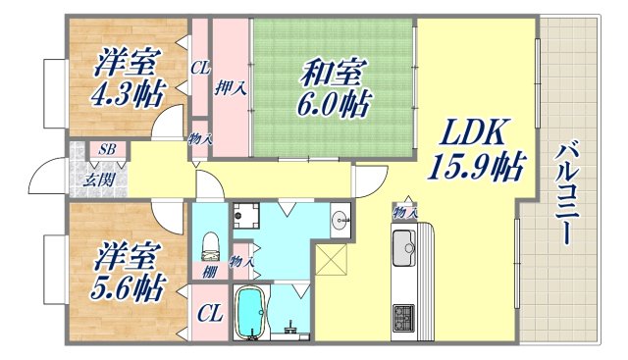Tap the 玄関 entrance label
pyautogui.click(x=96, y=180)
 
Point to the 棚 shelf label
pyautogui.click(x=209, y=272)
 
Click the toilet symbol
pyautogui.click(x=208, y=243)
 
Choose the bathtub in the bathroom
pyautogui.click(x=253, y=311)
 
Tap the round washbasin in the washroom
pyautogui.click(x=340, y=219)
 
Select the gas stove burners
pyautogui.click(x=404, y=316)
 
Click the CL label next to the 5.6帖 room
pyautogui.click(x=209, y=314)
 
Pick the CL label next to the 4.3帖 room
pyautogui.click(x=200, y=69)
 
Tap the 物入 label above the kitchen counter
pyautogui.click(x=403, y=212)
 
